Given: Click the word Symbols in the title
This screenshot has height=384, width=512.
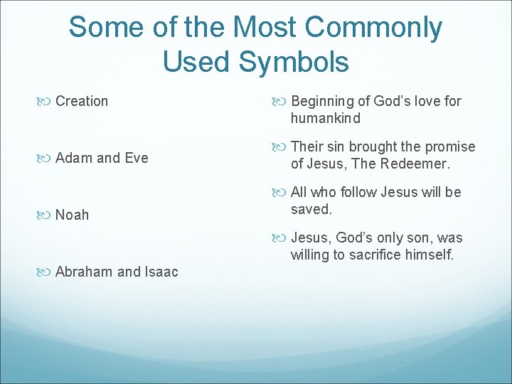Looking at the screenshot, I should (x=294, y=61).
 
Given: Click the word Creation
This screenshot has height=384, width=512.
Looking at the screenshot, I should (x=82, y=101).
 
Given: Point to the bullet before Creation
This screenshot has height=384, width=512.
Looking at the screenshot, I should (x=47, y=102).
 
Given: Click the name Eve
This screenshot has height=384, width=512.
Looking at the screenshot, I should (x=135, y=158).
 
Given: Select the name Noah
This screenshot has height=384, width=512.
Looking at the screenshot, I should (x=73, y=215).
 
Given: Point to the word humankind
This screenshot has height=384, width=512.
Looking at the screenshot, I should (x=325, y=118).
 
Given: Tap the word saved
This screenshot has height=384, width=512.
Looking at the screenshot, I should (x=311, y=209).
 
